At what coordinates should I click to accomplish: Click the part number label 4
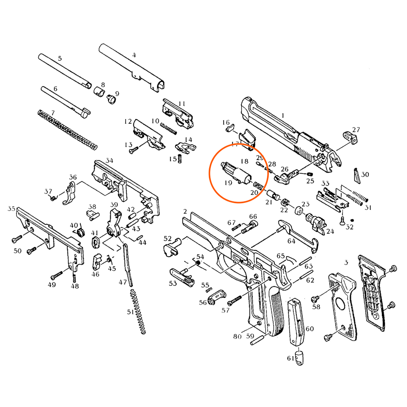point(134,55)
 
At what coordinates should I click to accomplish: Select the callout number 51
point(130,312)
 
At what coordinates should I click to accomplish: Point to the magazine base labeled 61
point(299,358)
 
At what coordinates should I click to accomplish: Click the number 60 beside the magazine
point(310,329)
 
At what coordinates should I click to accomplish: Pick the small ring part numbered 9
point(111,99)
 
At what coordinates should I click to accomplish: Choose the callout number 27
point(356,130)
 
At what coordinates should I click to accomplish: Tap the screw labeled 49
point(57,273)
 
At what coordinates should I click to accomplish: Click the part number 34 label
point(109,160)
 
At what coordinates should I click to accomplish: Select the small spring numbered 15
point(180,158)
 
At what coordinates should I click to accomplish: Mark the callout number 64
point(291,241)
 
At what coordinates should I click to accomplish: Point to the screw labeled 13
point(134,149)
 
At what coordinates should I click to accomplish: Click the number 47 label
point(122,282)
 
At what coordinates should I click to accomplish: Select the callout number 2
point(185,212)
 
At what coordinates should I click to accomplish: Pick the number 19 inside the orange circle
point(228,183)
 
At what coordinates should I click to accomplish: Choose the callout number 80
point(237,336)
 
